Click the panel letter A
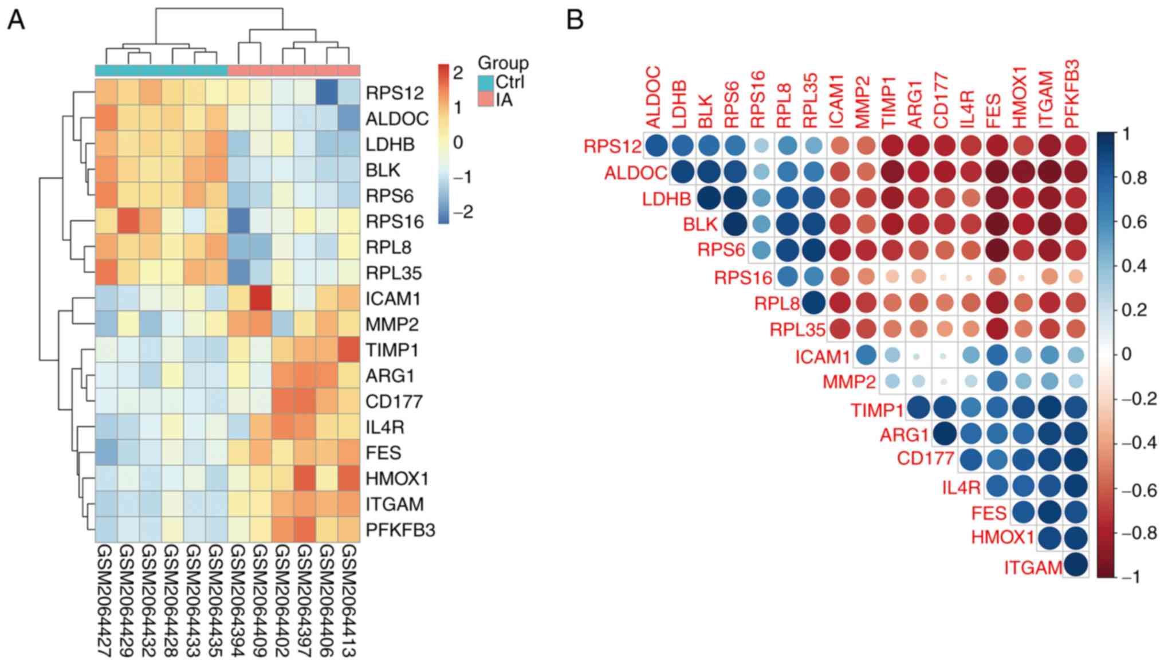15,21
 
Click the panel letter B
575,21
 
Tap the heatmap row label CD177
394,402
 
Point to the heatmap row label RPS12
395,93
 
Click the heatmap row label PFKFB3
400,530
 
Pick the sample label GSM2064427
106,602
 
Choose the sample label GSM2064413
349,602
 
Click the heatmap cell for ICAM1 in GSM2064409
261,298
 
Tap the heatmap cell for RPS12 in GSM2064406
327,92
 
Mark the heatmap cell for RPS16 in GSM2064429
128,221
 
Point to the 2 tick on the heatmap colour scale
457,73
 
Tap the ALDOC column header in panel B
654,97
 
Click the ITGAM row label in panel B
1033,568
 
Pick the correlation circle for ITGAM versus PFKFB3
1075,564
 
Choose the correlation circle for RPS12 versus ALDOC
656,146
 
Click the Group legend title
503,63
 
